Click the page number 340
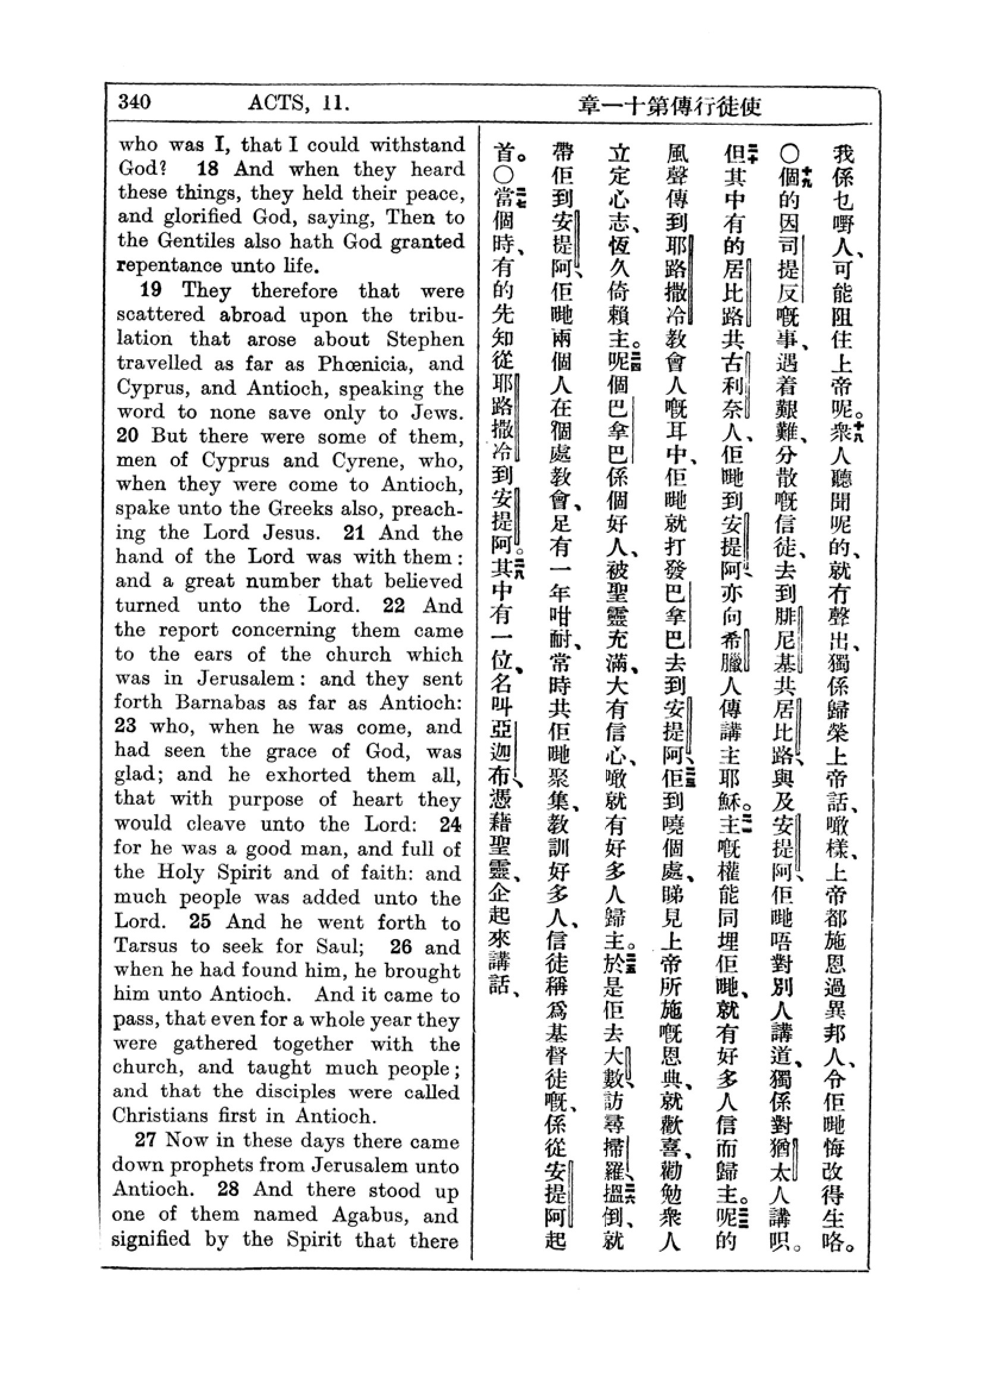coord(134,102)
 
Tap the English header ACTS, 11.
coord(298,103)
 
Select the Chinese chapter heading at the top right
coord(669,106)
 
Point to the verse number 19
coord(152,290)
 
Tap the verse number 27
coord(146,1139)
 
